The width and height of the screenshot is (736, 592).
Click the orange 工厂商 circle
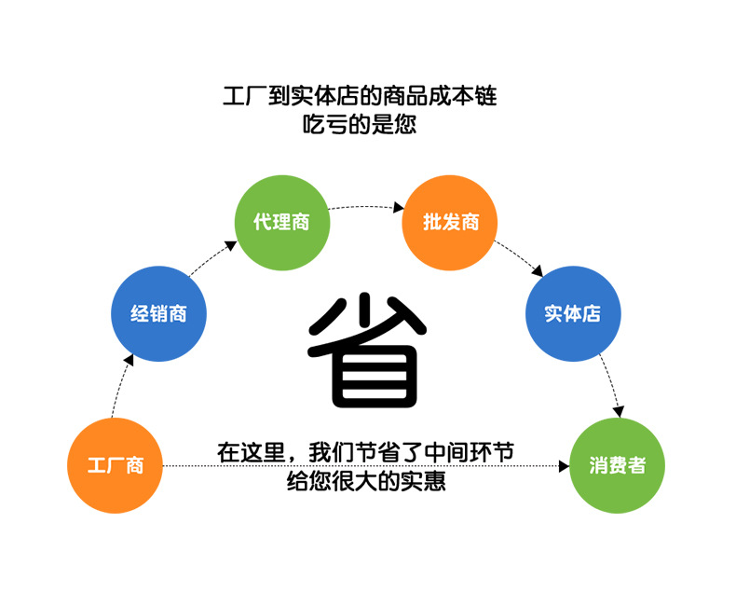pos(116,465)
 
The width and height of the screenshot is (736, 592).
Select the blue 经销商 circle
pos(158,314)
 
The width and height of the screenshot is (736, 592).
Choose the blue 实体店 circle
pos(572,314)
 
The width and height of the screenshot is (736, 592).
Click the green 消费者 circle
pos(616,465)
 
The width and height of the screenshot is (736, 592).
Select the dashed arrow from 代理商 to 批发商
pos(366,206)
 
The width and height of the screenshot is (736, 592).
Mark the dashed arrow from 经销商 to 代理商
pos(210,260)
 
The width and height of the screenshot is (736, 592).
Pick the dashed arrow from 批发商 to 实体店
pos(520,259)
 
